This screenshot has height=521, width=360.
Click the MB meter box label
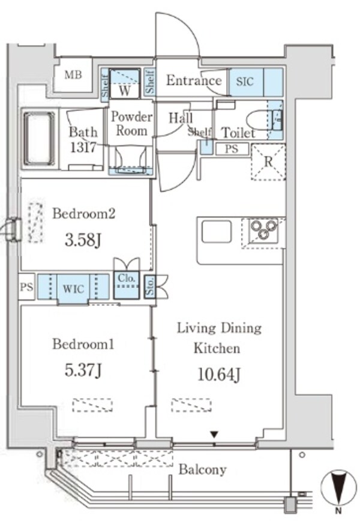coord(73,75)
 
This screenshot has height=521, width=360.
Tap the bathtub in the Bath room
coord(39,139)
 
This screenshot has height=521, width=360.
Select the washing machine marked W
coord(124,83)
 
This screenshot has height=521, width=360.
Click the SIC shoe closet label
coord(245,82)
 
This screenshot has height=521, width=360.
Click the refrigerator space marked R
coord(268,162)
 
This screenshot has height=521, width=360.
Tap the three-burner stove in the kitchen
coord(264,230)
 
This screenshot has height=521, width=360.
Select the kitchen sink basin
coord(217,232)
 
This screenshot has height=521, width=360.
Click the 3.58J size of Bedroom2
coord(83,240)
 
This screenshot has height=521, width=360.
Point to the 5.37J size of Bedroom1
coord(83,370)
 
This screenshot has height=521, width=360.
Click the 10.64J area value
coord(219,375)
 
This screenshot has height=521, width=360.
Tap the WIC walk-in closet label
coord(73,289)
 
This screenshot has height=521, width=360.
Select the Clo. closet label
coord(126,278)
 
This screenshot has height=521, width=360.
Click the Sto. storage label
coord(151,286)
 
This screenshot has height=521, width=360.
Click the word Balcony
coord(203,470)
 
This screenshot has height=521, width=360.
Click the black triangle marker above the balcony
coord(215,435)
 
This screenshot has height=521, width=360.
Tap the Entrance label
coord(194,80)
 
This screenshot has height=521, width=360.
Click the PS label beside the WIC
coord(26,287)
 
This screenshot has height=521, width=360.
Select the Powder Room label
coord(131,124)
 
